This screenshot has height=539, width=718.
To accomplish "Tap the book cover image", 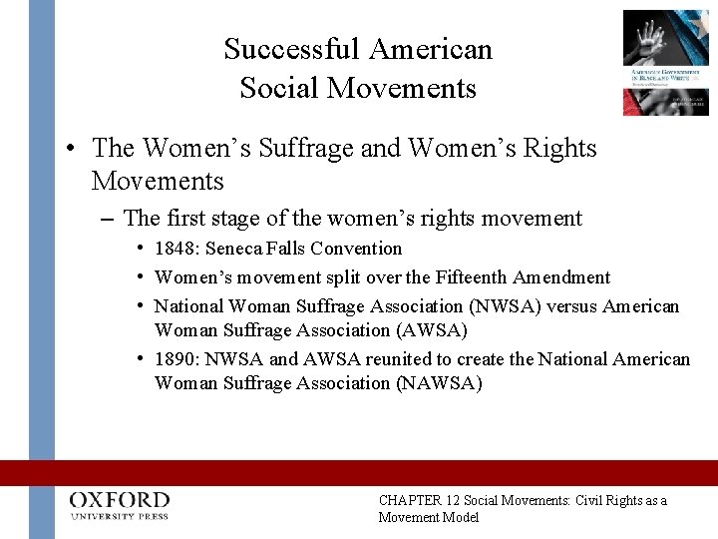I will click(x=665, y=62).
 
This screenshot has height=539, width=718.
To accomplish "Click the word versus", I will click(x=571, y=306).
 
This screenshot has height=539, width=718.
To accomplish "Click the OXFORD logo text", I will click(x=120, y=500).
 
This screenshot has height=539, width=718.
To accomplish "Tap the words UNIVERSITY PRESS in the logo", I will click(x=120, y=516).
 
